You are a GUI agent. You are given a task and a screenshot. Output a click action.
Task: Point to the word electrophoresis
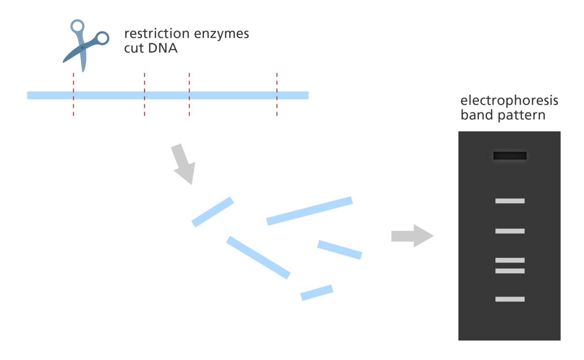coord(509,101)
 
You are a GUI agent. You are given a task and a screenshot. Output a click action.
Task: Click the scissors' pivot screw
coord(83,48)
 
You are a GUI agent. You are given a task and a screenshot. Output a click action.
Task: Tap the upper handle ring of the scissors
coord(77,27)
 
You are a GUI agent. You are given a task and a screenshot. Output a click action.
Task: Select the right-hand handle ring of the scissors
coord(102,39)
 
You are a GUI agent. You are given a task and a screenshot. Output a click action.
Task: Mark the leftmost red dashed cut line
coord(73,94)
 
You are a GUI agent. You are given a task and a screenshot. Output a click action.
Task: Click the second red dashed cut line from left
coord(144,94)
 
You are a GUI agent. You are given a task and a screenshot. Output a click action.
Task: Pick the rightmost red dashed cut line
coord(277,94)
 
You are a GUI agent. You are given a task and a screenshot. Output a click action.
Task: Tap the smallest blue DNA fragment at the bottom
coord(317,292)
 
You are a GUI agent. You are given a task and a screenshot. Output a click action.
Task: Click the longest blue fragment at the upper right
coord(309,211)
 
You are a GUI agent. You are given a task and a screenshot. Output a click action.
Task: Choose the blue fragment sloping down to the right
coord(258,257)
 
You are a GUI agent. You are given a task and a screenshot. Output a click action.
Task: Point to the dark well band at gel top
coord(510,156)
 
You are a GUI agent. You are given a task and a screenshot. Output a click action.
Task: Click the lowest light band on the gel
coord(510,299)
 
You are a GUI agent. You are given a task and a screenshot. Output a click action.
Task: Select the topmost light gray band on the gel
coord(510,201)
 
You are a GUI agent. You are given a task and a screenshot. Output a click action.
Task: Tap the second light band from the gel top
coord(510,231)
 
